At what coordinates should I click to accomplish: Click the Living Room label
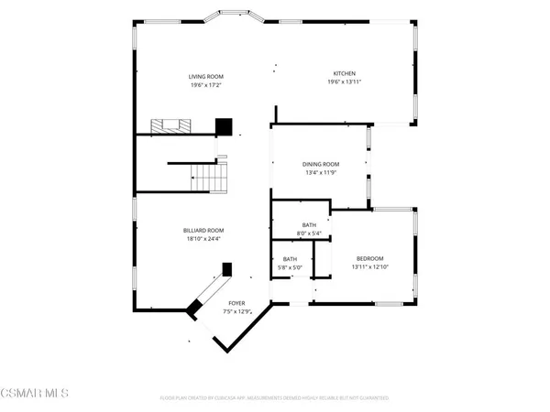pos(206,76)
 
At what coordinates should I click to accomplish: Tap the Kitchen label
pos(345,73)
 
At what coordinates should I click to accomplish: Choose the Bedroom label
pos(369,258)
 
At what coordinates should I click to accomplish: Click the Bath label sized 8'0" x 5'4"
pos(309,224)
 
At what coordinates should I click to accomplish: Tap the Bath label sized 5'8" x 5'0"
pos(290,259)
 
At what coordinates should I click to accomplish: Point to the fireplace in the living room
pos(171,125)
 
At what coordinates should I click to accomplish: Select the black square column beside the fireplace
pos(223,126)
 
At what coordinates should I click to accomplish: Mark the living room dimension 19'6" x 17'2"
pos(206,84)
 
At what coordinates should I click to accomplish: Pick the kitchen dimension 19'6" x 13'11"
pos(345,82)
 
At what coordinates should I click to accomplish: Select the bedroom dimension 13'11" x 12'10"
pos(369,267)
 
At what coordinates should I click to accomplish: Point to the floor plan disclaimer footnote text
pos(275,398)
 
